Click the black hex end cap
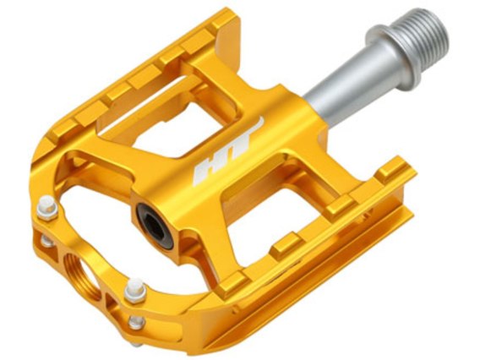tap(155, 225)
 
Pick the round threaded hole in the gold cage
tap(83, 276)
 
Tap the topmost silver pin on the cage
tap(47, 208)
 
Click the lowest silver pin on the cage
tap(137, 322)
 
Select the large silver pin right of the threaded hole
tap(135, 290)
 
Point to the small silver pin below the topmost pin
tap(47, 241)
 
